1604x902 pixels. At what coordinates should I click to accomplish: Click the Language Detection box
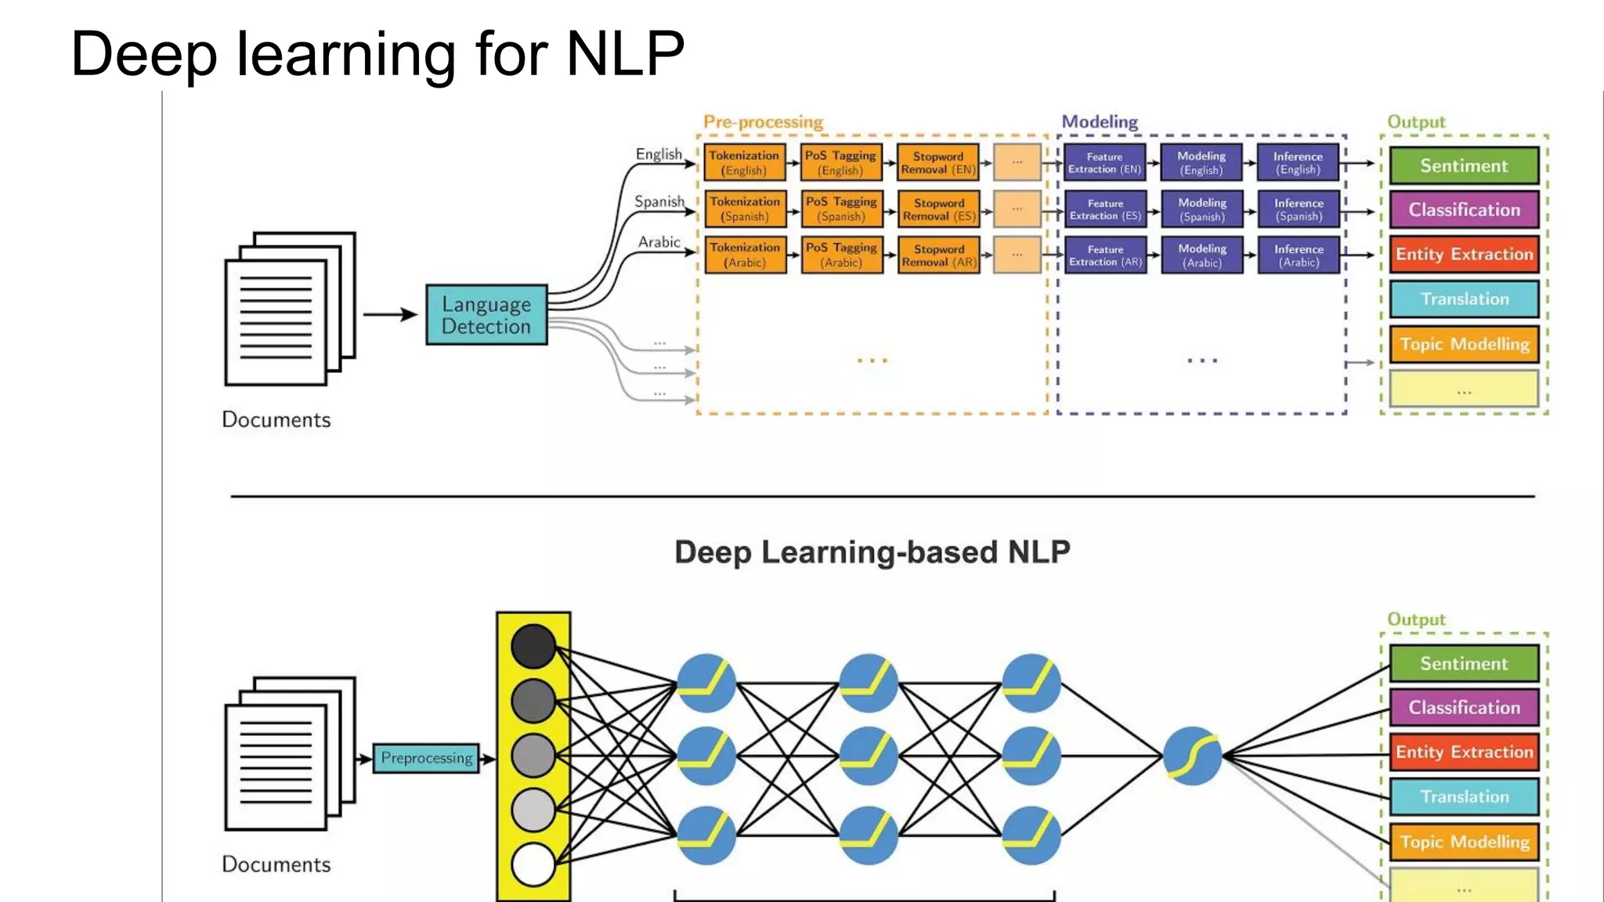click(x=486, y=315)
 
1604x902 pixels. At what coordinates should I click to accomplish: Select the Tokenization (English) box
click(x=744, y=163)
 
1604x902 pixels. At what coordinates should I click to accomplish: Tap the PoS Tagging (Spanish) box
click(x=841, y=209)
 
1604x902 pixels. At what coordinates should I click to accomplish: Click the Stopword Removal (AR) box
click(x=938, y=255)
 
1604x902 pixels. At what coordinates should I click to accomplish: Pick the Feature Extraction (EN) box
click(x=1104, y=163)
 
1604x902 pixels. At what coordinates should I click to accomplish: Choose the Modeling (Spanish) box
click(x=1202, y=209)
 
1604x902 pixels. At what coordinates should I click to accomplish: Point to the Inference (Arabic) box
click(x=1299, y=255)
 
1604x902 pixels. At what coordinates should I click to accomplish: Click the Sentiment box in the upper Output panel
click(x=1464, y=166)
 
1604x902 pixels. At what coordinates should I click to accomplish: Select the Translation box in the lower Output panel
click(x=1464, y=796)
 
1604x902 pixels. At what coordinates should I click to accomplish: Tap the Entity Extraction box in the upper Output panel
click(x=1464, y=254)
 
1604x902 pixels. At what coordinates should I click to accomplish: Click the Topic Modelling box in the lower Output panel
click(x=1464, y=842)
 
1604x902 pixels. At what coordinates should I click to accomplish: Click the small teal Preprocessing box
click(x=426, y=758)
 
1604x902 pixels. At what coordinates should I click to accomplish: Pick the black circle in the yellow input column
click(x=533, y=646)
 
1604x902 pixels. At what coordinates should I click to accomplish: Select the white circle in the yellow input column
click(x=533, y=864)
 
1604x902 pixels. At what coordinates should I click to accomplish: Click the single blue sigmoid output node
click(x=1192, y=756)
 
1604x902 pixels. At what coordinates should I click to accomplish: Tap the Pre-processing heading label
click(x=763, y=122)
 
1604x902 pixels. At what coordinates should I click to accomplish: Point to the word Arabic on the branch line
click(x=659, y=242)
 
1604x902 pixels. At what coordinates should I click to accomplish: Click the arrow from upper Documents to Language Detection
click(x=390, y=315)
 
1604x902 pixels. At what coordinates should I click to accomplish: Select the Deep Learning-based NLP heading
click(x=872, y=552)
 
